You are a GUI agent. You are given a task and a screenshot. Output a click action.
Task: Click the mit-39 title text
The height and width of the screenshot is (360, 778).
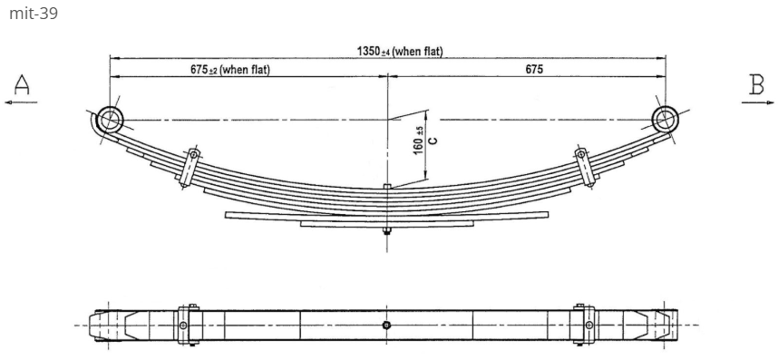pyautogui.click(x=34, y=14)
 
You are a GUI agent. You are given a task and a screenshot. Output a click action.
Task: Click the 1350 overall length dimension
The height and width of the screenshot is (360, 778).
pyautogui.click(x=399, y=51)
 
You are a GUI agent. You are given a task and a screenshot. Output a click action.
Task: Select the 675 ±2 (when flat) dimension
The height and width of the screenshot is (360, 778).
pyautogui.click(x=230, y=70)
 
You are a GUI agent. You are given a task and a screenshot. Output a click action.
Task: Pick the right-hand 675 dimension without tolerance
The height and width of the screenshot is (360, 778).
pyautogui.click(x=534, y=70)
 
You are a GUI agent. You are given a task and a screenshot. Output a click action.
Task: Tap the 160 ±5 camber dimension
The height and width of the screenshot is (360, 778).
pyautogui.click(x=419, y=140)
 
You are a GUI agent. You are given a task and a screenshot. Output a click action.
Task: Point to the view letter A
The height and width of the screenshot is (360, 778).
pyautogui.click(x=22, y=84)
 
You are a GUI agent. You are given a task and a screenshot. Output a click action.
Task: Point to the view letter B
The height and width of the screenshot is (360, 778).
pyautogui.click(x=756, y=84)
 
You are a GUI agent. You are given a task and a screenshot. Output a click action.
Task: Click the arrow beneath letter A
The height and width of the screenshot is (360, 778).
pyautogui.click(x=21, y=102)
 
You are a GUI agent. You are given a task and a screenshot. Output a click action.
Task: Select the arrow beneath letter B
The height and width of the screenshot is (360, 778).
pyautogui.click(x=758, y=102)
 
